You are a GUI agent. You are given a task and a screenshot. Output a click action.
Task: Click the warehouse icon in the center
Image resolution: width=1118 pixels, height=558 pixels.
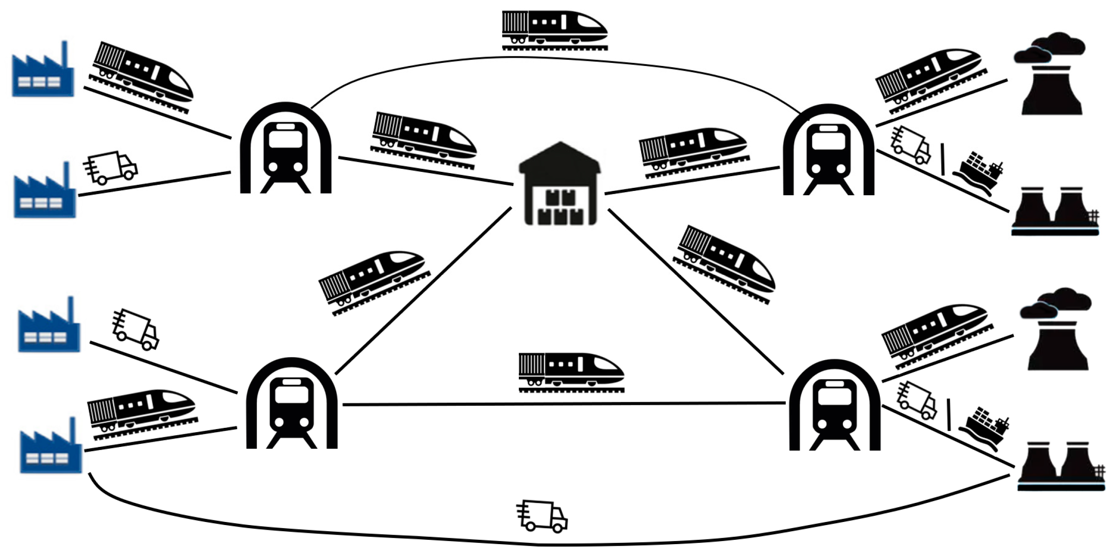pos(560,184)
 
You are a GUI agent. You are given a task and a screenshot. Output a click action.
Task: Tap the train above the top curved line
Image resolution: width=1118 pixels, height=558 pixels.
pos(554,30)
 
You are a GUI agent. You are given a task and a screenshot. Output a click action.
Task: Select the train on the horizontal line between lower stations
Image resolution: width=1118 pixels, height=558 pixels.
pos(571,372)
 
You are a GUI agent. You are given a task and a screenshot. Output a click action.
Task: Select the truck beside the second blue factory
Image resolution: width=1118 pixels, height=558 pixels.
pos(111,167)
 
